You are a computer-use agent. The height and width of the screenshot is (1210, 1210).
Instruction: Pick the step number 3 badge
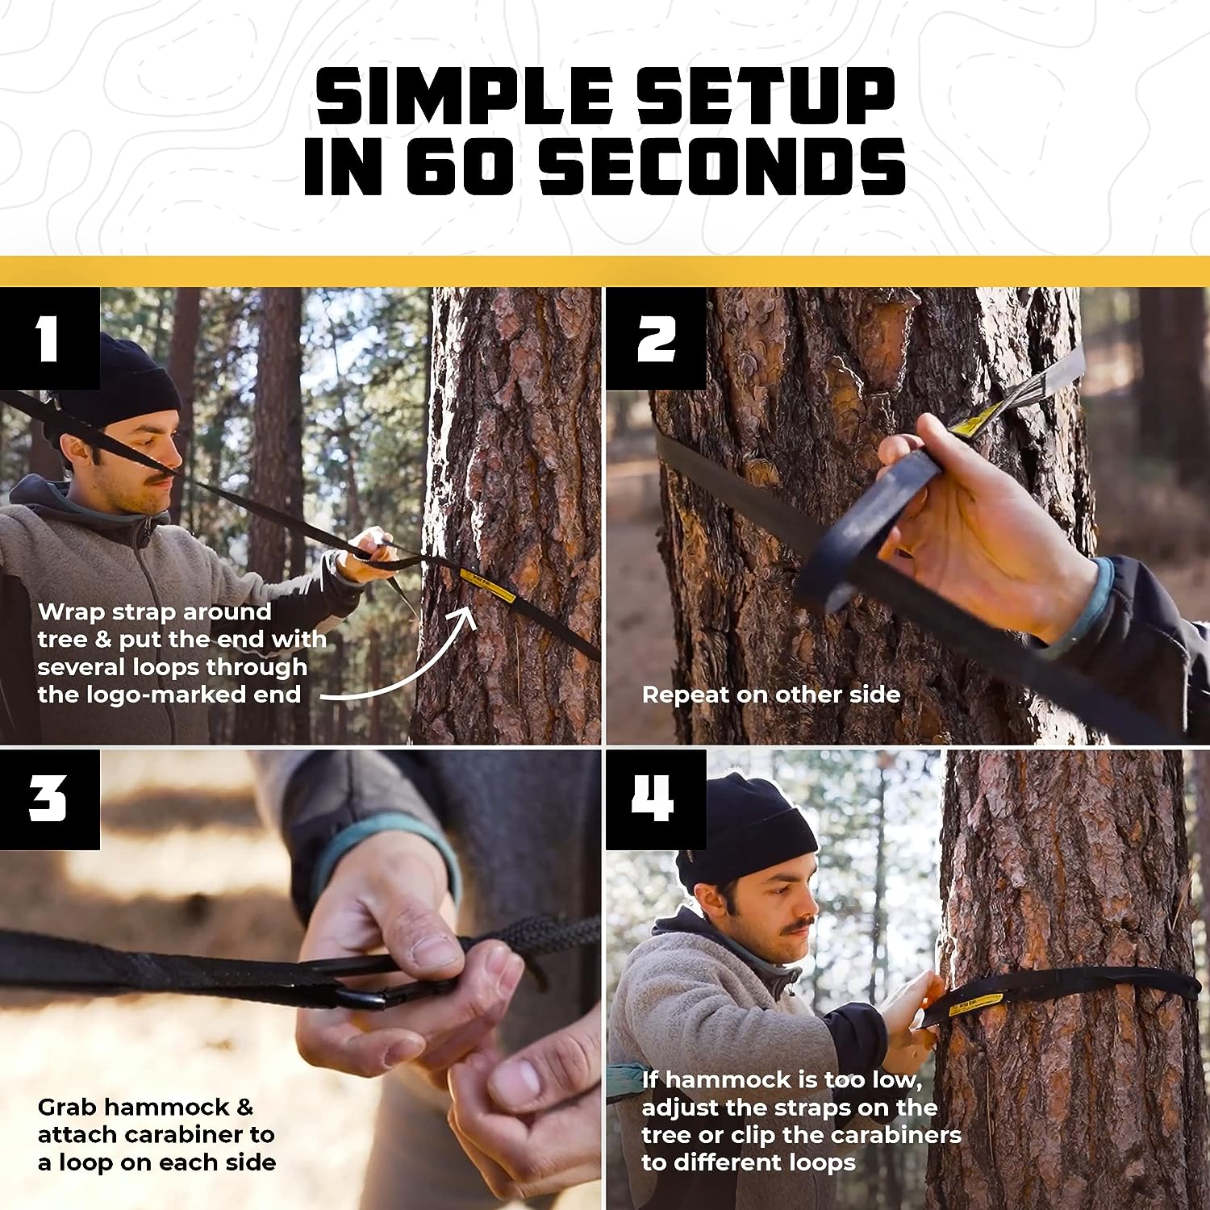click(x=48, y=799)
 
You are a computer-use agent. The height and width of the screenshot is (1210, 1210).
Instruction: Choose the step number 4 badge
click(x=655, y=799)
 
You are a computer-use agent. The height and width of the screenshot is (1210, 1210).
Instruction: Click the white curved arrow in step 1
click(x=403, y=661)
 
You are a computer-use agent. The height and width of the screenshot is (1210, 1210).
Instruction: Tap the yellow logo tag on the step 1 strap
click(x=487, y=586)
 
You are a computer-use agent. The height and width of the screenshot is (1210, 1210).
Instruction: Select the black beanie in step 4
click(x=746, y=831)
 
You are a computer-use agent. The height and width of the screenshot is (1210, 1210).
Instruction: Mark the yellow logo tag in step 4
click(x=976, y=1004)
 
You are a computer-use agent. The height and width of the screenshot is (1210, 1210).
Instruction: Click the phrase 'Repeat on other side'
click(x=770, y=695)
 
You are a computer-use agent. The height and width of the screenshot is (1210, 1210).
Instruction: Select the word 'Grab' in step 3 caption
click(x=66, y=1108)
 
